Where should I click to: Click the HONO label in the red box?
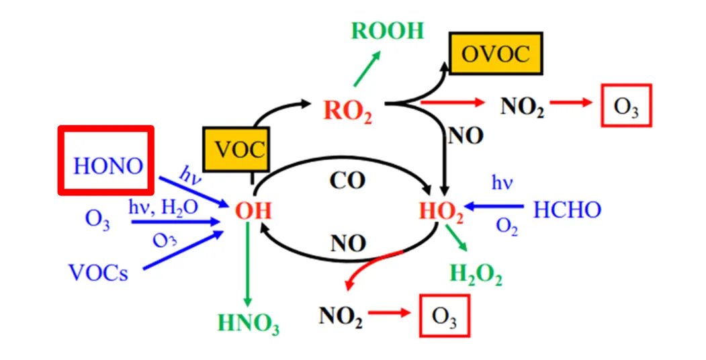107,165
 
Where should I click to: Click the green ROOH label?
388,31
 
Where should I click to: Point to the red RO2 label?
347,109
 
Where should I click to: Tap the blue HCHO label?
567,210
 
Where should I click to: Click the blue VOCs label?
98,273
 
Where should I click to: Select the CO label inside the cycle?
347,182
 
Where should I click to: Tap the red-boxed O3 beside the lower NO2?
444,316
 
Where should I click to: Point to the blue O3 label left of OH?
97,219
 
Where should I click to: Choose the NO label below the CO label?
347,243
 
